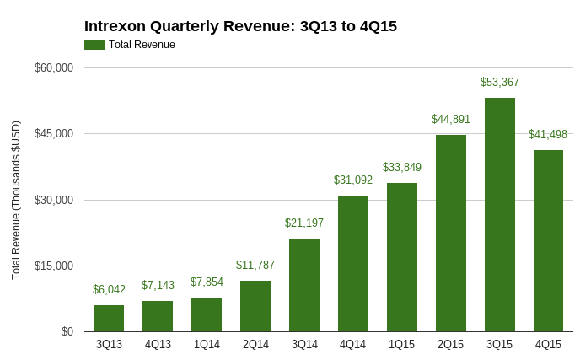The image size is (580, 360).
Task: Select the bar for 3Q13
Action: pos(109,319)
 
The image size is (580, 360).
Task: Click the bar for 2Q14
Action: pos(255,306)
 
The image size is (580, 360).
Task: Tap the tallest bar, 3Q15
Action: pos(499,215)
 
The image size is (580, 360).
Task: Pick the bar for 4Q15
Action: pos(548,241)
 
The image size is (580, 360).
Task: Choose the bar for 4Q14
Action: pos(353,264)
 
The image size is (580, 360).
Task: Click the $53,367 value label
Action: pos(499,83)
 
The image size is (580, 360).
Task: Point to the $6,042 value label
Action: pos(109,290)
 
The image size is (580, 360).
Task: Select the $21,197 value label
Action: pos(304,223)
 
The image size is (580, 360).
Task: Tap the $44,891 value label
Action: pos(451,120)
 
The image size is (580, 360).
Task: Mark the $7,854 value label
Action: pos(207,282)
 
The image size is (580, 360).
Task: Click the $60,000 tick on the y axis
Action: pos(54,67)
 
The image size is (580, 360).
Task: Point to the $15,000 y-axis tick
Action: pos(54,266)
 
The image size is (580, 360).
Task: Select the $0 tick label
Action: pos(67,331)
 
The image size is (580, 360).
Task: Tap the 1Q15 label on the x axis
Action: pos(402,345)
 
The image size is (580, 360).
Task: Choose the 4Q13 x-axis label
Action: pos(158,345)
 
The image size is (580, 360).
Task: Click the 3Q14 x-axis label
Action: pos(304,345)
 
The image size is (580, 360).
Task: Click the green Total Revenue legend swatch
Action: pos(94,45)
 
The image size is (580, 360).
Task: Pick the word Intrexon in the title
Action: pos(115,26)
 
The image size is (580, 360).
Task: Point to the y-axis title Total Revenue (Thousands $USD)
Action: pos(16,200)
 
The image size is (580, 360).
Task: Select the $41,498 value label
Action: pos(548,135)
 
